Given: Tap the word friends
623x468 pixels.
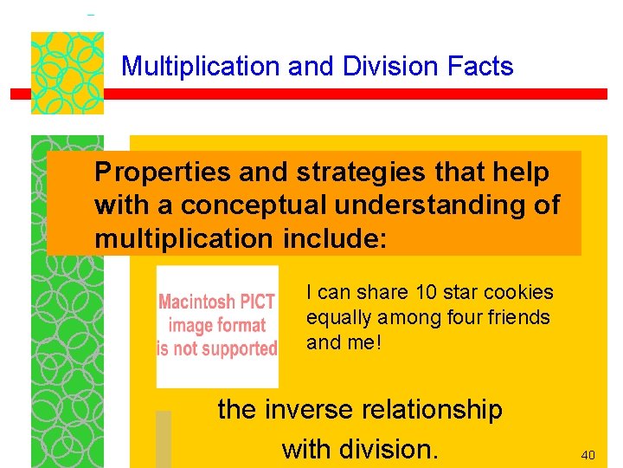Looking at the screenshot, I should click(517, 317).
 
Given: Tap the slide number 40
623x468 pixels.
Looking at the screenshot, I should click(588, 454).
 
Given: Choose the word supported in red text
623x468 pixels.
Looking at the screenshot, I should click(238, 349).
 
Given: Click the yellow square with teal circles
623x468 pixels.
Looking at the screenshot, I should click(67, 73).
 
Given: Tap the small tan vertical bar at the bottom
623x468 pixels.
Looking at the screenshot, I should click(163, 439).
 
